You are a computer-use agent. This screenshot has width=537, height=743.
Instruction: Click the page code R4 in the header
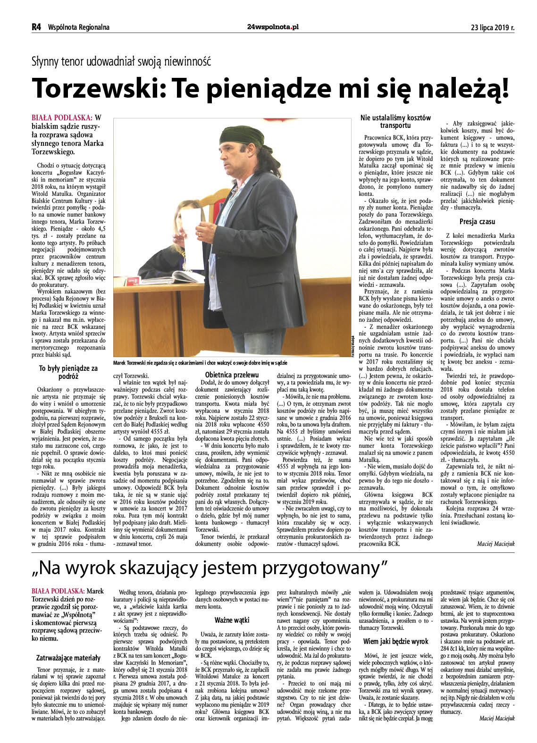tap(36, 27)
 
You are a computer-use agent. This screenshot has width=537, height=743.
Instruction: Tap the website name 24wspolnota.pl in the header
tap(273, 27)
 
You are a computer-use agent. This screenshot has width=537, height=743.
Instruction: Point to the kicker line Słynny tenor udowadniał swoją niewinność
tap(121, 61)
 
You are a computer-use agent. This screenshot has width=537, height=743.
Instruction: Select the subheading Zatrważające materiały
tap(68, 658)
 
